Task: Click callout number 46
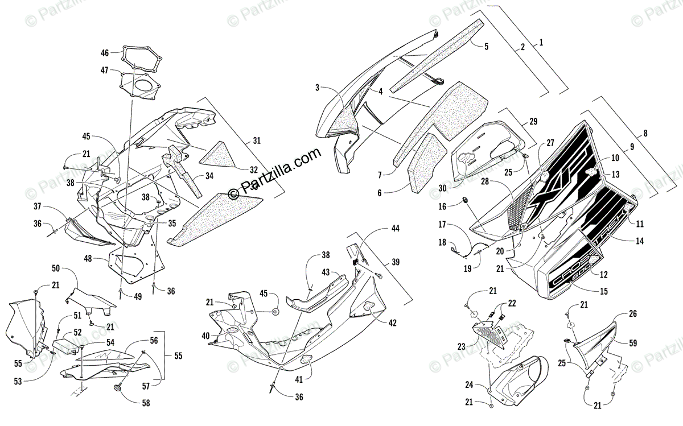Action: pos(105,53)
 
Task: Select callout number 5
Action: pos(487,47)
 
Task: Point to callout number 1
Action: pos(541,42)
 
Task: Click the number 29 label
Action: pos(533,121)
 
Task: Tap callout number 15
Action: pos(604,291)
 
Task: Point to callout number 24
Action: pos(469,384)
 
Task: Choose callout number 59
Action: pos(633,343)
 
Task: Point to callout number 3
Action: pos(318,88)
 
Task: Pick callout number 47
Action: pos(105,70)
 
